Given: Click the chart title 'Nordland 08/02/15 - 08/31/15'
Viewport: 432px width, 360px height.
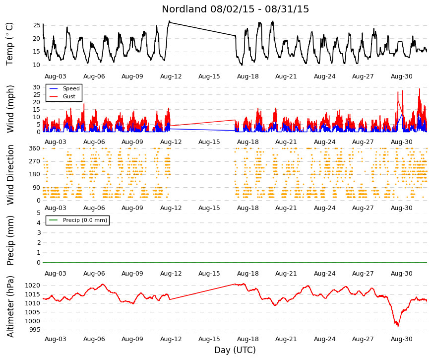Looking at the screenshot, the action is point(235,9).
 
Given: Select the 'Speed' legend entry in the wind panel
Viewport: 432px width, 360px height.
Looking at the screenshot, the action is point(71,88).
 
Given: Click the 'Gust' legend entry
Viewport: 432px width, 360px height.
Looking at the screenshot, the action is point(69,96).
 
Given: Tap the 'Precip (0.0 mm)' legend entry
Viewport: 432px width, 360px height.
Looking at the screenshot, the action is point(85,220).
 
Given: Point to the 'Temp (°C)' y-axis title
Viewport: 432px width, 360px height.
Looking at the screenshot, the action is point(9,44).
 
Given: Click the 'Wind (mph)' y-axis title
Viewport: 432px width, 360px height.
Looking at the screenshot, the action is point(10,109).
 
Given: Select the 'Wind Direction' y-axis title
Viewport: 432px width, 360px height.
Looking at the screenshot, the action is point(10,175).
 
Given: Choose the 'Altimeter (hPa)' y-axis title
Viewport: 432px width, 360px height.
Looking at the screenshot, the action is point(10,306).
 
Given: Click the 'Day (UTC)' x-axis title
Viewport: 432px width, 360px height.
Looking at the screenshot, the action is point(235,350).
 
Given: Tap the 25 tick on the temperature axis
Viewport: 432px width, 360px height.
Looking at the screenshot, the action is point(37,25).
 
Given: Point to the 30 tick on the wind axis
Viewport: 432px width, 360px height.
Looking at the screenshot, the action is point(37,87).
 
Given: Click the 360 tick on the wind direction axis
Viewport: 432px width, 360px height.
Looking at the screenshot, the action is point(35,148).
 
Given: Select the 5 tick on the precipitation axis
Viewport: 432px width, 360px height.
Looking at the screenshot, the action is point(39,213).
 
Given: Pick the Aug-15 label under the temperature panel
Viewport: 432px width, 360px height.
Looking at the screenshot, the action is point(209,76).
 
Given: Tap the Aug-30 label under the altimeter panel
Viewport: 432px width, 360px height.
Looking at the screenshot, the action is point(401,339).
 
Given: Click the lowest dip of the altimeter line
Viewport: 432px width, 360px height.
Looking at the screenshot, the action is point(398,326).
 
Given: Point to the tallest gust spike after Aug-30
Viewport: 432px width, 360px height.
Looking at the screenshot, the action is point(419,89).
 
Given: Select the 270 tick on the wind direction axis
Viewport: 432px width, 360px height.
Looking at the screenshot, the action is point(35,161).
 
